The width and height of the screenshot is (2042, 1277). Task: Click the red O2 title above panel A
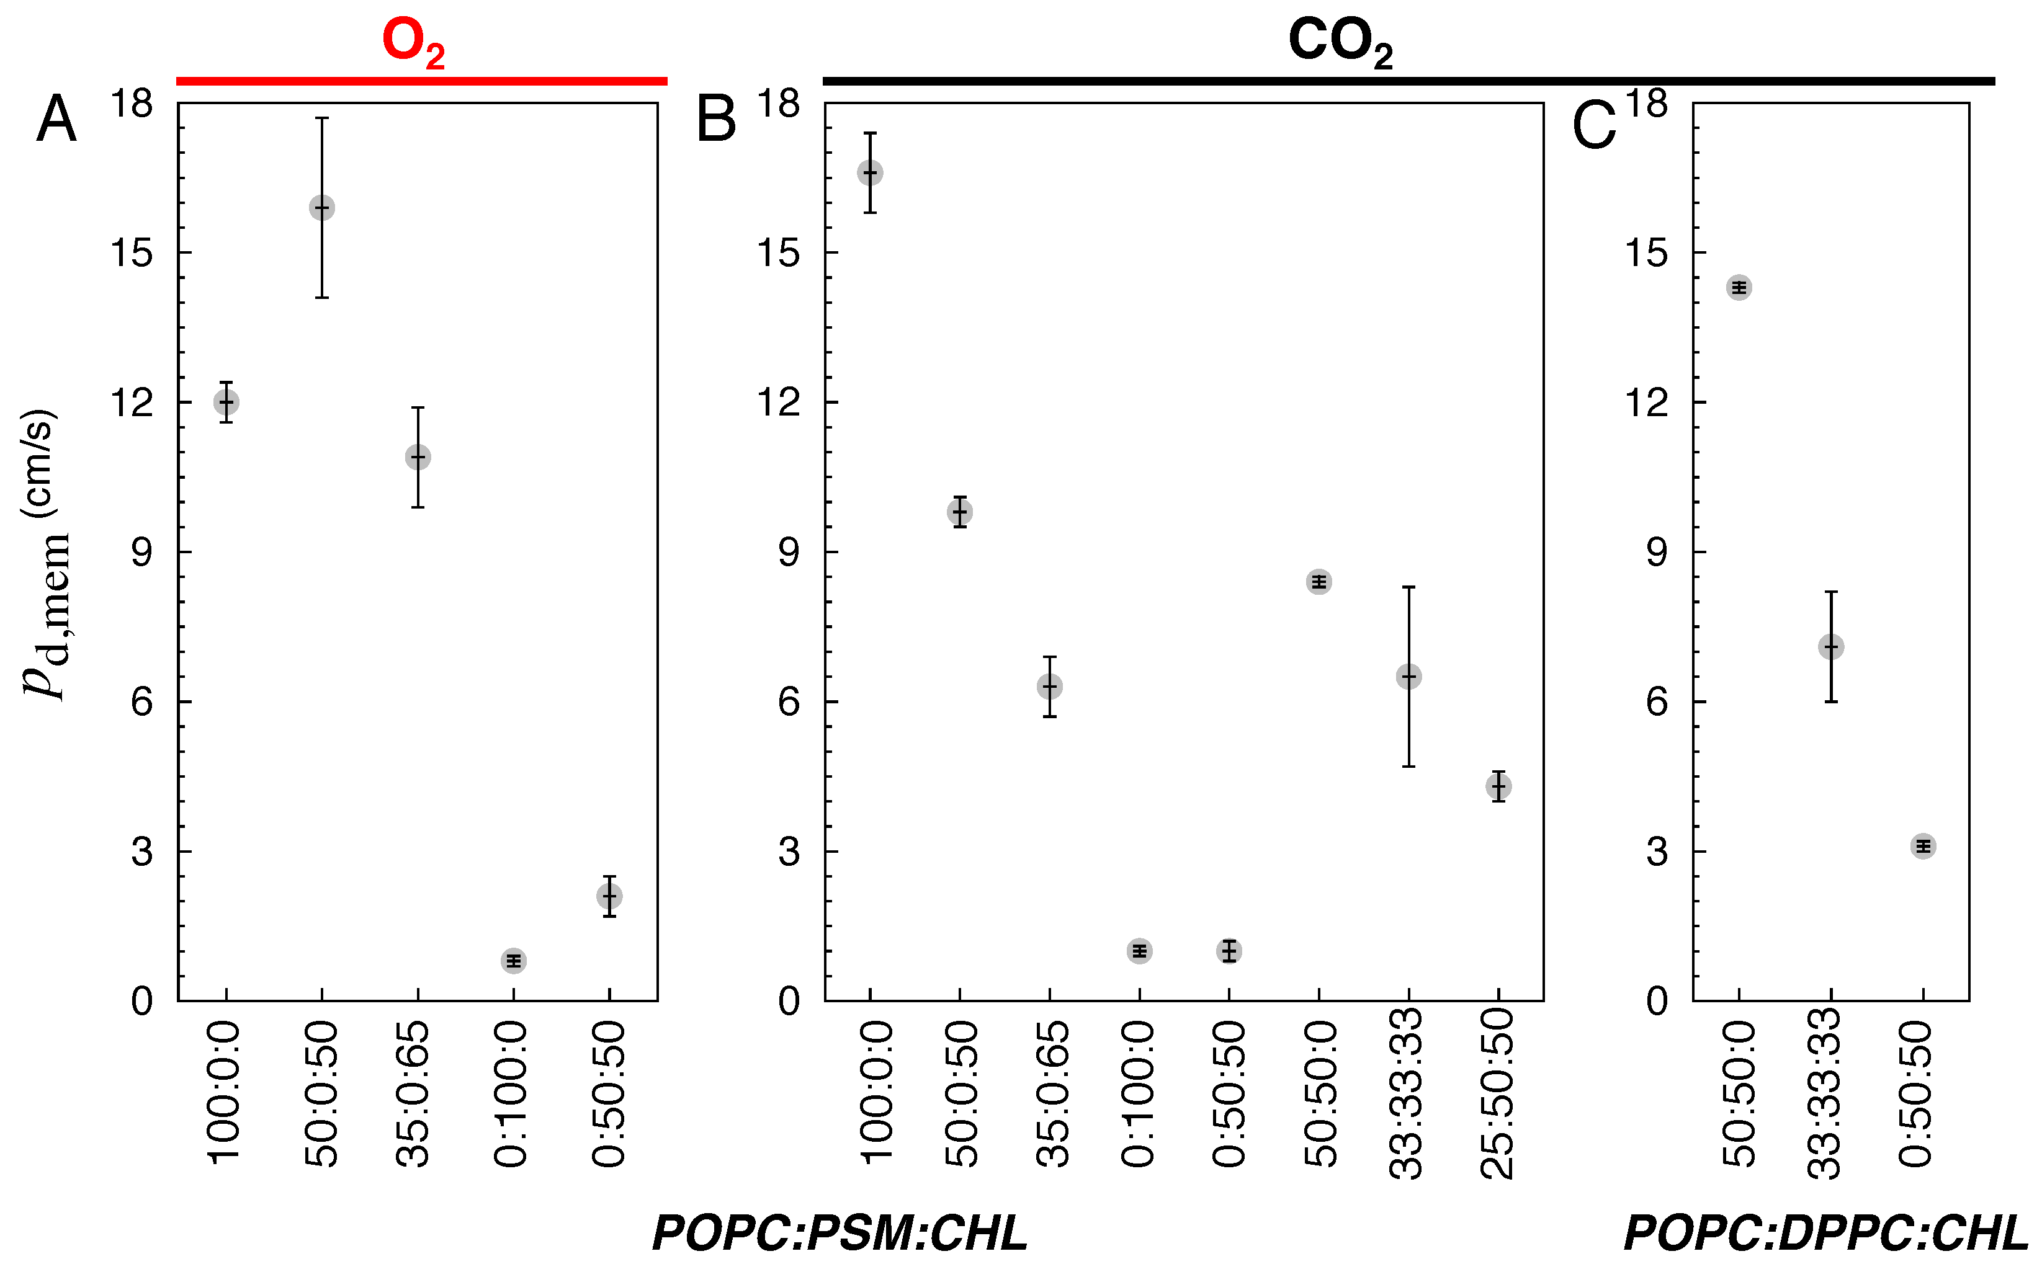(x=413, y=42)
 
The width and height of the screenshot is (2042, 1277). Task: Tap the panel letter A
(x=56, y=120)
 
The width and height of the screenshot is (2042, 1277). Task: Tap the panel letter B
(x=715, y=120)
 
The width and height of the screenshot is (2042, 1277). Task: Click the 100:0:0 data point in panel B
(x=870, y=173)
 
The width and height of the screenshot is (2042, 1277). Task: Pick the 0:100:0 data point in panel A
(x=514, y=960)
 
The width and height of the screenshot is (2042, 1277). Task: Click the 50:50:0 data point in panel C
(x=1739, y=288)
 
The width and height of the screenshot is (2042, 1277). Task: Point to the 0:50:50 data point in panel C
(x=1923, y=846)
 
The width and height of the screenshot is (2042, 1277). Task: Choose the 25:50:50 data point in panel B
(x=1498, y=786)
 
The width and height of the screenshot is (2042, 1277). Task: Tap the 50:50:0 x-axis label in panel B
(x=1319, y=1093)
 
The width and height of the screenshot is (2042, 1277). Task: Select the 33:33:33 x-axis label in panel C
(x=1829, y=1093)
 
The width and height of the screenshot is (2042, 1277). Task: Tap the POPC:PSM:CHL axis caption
(x=841, y=1233)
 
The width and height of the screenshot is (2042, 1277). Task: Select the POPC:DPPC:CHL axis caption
(x=1825, y=1233)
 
